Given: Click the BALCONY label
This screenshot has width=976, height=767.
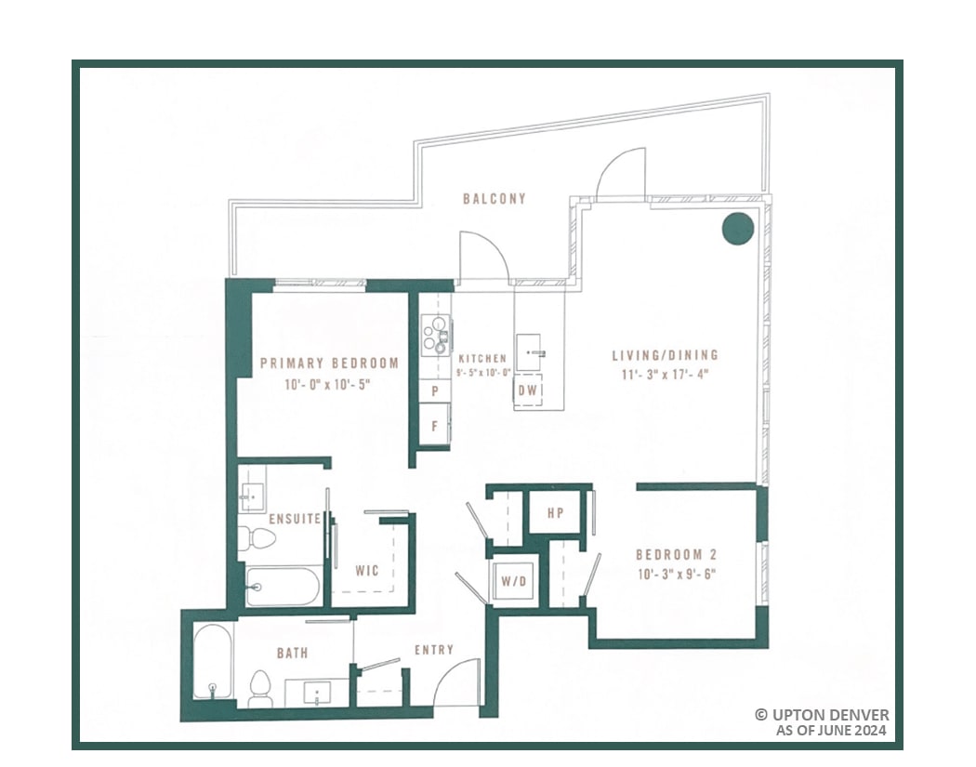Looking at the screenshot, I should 495,198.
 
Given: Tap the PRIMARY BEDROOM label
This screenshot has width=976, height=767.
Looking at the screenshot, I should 329,364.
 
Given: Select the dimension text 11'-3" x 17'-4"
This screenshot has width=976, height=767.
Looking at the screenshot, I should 665,374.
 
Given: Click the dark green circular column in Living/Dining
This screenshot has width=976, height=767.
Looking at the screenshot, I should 738,229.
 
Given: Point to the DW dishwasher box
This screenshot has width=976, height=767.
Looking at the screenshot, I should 528,390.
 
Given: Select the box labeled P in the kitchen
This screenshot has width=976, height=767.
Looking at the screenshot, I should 434,390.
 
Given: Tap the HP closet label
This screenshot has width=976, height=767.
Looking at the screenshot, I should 556,513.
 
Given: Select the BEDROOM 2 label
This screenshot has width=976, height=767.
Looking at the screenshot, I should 675,554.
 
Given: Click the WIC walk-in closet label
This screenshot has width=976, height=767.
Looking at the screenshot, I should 367,571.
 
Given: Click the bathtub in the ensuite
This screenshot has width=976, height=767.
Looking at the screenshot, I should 283,587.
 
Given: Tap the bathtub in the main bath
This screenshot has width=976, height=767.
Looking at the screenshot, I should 213,664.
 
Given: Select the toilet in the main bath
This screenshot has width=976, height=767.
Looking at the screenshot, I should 261,687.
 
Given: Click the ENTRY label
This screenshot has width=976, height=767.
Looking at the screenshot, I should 434,650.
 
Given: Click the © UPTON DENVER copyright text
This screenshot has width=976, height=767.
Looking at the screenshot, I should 821,714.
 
